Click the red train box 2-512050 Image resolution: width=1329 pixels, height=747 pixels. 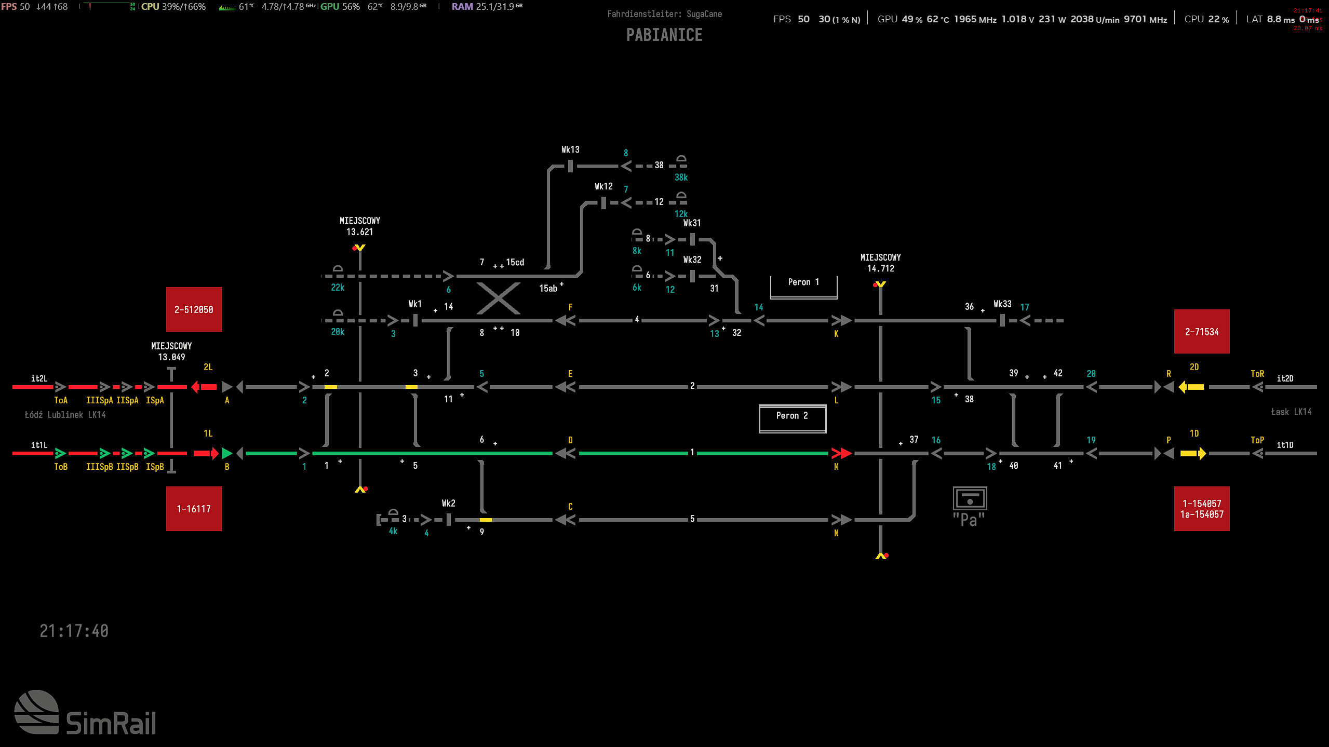click(194, 309)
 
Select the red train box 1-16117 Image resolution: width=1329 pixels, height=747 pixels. click(194, 509)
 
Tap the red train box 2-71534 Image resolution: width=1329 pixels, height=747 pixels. click(1201, 332)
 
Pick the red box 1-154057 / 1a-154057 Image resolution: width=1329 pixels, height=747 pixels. click(1201, 509)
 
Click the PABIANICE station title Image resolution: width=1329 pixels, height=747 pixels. click(664, 35)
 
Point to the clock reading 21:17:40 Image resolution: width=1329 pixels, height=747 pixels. click(74, 631)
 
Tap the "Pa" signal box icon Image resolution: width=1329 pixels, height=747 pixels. click(969, 506)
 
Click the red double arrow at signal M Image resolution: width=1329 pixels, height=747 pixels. click(841, 453)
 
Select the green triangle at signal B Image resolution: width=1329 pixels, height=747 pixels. click(227, 453)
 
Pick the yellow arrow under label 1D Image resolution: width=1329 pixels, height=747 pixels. click(1193, 453)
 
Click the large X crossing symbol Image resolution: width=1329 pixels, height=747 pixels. click(498, 298)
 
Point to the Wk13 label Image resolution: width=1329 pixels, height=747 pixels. click(570, 150)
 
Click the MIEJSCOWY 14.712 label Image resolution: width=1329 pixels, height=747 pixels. click(880, 263)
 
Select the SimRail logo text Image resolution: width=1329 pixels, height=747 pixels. click(111, 723)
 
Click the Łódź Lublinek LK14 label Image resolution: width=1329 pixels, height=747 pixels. click(65, 415)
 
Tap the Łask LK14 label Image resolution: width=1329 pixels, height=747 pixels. click(1291, 412)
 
